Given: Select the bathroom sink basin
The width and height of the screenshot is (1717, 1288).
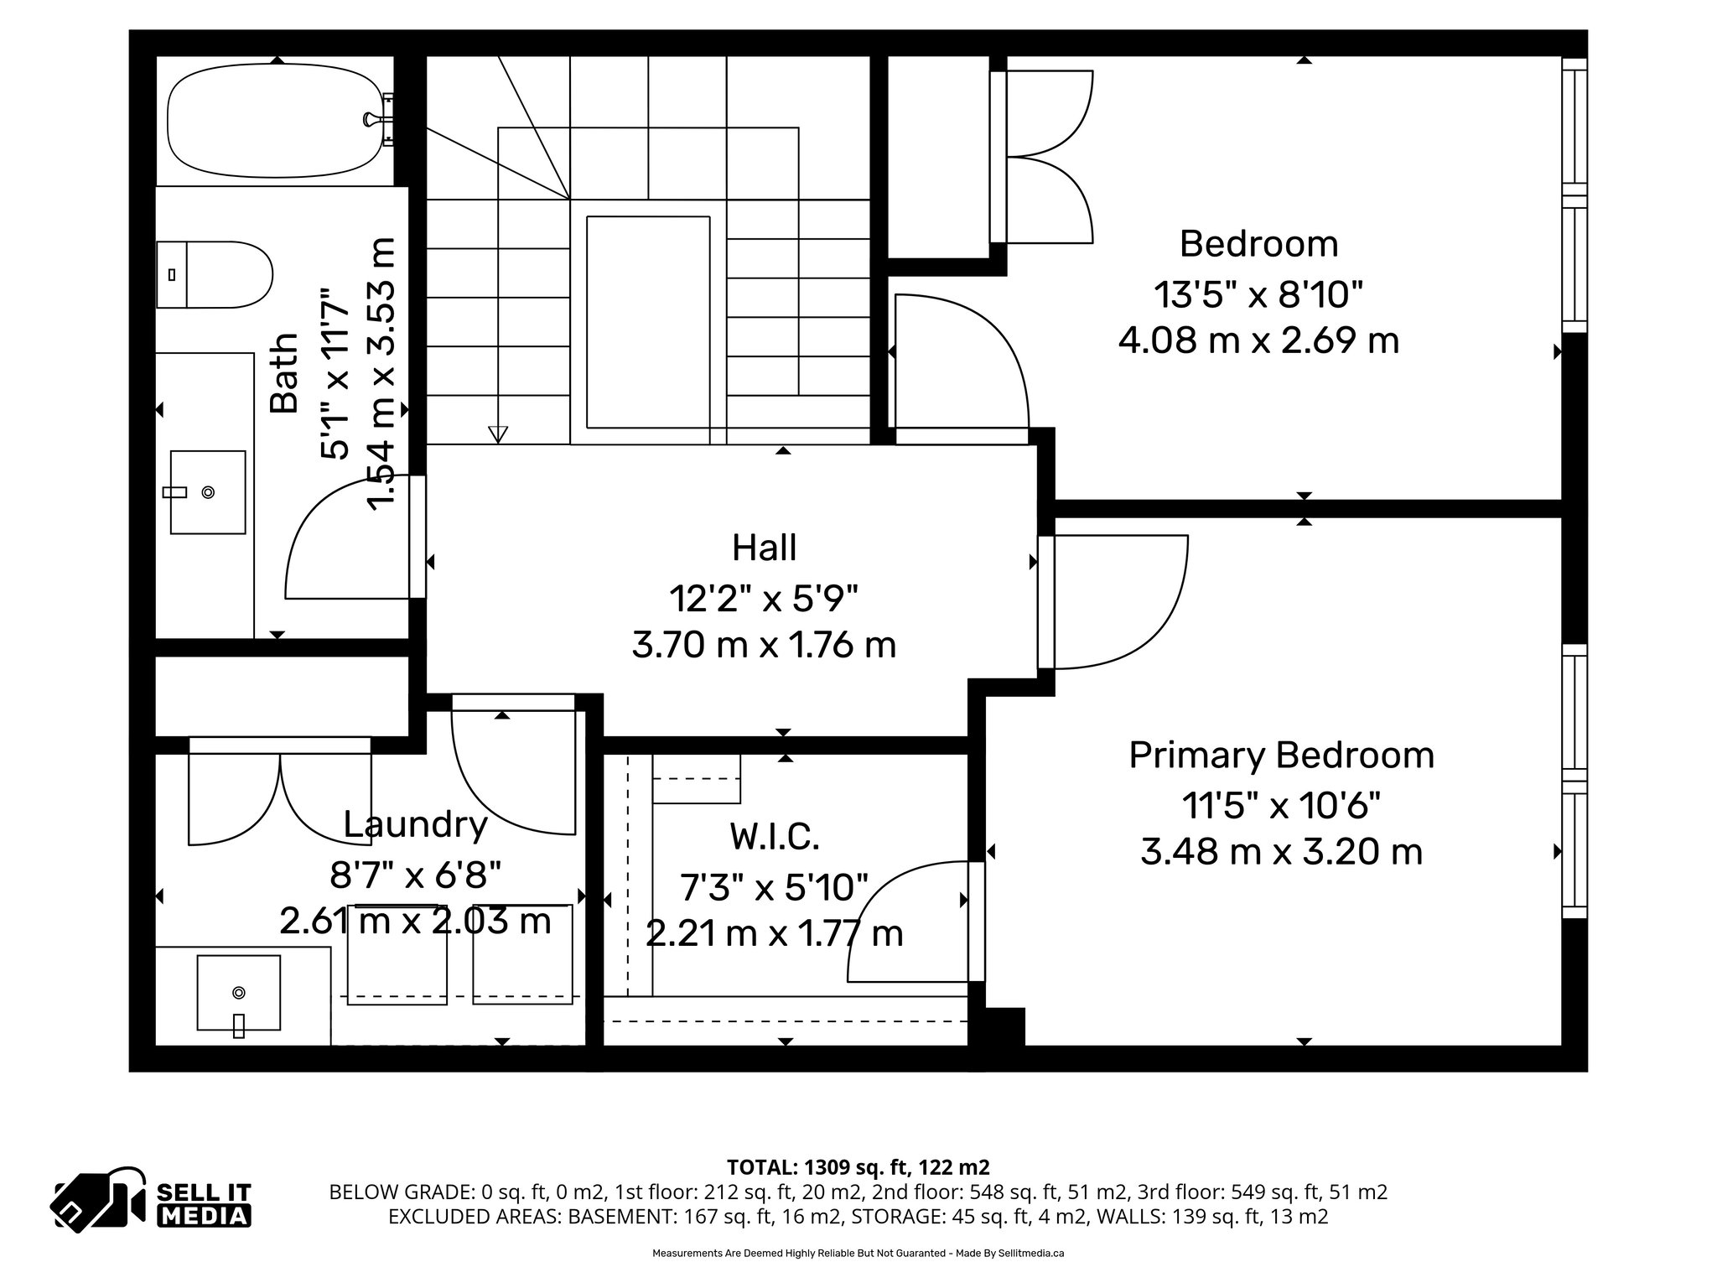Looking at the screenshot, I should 208,492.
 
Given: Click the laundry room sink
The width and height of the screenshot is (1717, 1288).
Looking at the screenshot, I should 238,993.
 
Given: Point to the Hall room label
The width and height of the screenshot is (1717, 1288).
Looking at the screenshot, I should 764,548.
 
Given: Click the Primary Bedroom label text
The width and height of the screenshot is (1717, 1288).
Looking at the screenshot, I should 1281,756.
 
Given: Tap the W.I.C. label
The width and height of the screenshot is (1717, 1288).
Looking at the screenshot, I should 774,836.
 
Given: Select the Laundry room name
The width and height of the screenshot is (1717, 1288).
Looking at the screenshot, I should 415,825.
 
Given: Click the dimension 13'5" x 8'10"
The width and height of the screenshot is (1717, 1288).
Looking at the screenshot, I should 1258,294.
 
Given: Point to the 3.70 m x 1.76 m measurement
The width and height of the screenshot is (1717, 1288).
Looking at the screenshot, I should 764,646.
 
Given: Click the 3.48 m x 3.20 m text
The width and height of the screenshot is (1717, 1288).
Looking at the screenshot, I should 1281,853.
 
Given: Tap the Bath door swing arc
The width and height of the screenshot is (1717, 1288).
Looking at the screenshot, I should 335,537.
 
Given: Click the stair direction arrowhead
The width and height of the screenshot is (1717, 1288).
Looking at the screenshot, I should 498,434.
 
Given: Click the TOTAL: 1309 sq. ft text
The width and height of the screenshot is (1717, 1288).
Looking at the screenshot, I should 857,1166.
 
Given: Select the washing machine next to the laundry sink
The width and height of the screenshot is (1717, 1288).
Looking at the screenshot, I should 397,954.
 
